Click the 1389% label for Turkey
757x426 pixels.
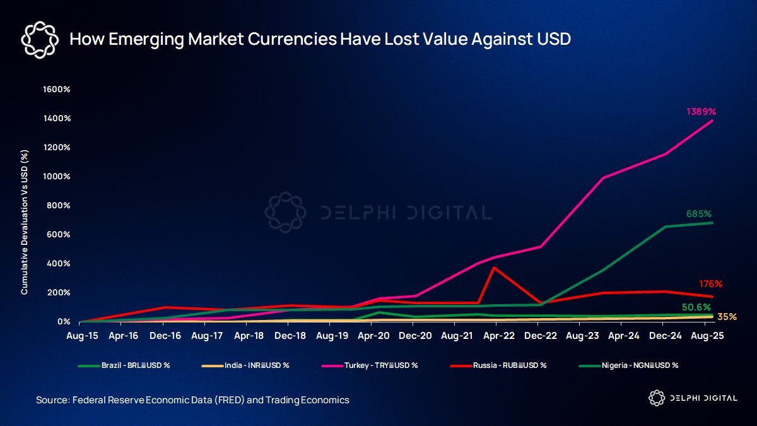(701, 112)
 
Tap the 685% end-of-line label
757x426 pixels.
(699, 214)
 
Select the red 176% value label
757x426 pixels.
(710, 284)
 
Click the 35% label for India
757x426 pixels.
(727, 317)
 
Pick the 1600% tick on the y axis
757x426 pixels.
(56, 90)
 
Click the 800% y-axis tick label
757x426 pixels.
(58, 206)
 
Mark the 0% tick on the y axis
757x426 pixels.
(62, 322)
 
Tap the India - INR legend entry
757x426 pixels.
(250, 365)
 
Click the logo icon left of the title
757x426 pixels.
(40, 39)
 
